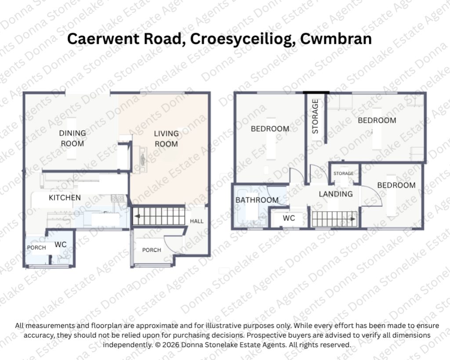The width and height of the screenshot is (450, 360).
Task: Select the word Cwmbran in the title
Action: pyautogui.click(x=336, y=39)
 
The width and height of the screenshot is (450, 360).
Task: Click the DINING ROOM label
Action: pyautogui.click(x=73, y=138)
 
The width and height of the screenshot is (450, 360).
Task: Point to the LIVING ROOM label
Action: pyautogui.click(x=167, y=139)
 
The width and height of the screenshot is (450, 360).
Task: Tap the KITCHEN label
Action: pyautogui.click(x=65, y=198)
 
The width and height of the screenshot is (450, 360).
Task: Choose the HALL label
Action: pyautogui.click(x=196, y=221)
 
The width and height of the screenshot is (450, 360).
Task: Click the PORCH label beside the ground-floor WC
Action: pyautogui.click(x=36, y=247)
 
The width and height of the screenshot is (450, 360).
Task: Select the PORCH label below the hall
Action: pyautogui.click(x=152, y=250)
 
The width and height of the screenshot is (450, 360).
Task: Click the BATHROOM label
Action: pyautogui.click(x=257, y=200)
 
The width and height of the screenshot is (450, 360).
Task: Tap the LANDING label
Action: pyautogui.click(x=336, y=194)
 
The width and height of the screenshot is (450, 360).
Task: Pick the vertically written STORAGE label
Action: pyautogui.click(x=315, y=116)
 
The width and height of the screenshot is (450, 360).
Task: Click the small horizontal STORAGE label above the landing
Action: pyautogui.click(x=344, y=173)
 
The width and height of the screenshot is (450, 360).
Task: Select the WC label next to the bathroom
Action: pyautogui.click(x=289, y=218)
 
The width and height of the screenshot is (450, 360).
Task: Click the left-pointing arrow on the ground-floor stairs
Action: pyautogui.click(x=138, y=216)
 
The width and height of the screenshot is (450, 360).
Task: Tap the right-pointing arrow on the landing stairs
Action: pyautogui.click(x=353, y=219)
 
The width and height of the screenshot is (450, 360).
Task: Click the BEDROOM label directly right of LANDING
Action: pyautogui.click(x=396, y=185)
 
